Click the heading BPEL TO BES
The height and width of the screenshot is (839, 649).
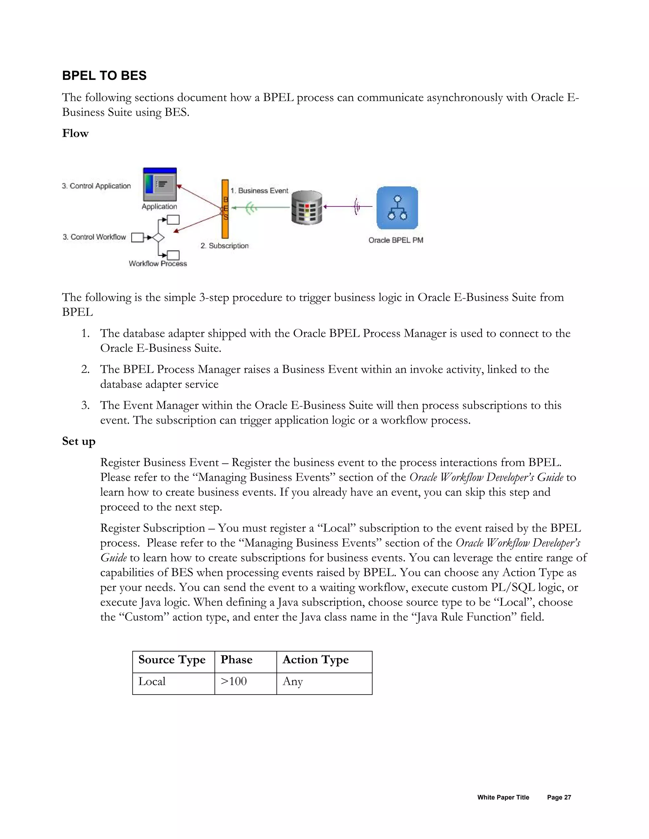(104, 76)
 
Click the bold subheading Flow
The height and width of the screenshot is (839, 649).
(75, 133)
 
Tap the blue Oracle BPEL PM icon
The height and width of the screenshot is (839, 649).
(397, 208)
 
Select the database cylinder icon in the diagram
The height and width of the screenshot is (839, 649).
(306, 207)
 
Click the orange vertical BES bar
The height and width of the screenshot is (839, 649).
(225, 209)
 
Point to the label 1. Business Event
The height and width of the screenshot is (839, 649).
(259, 191)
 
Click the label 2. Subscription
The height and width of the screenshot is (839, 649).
(225, 245)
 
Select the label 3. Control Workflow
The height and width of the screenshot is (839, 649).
(94, 237)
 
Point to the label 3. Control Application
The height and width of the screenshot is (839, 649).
(97, 186)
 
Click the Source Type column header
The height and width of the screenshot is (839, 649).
(172, 659)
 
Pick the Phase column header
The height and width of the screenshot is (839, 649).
(236, 659)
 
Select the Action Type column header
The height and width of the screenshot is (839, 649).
(315, 659)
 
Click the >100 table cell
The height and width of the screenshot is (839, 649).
(234, 682)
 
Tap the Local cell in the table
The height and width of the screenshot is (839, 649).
(152, 682)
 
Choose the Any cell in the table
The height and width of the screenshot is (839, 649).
(292, 682)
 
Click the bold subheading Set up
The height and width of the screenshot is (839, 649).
(79, 441)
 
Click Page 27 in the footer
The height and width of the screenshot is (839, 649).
(559, 798)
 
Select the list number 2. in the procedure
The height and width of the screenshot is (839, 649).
(85, 369)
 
